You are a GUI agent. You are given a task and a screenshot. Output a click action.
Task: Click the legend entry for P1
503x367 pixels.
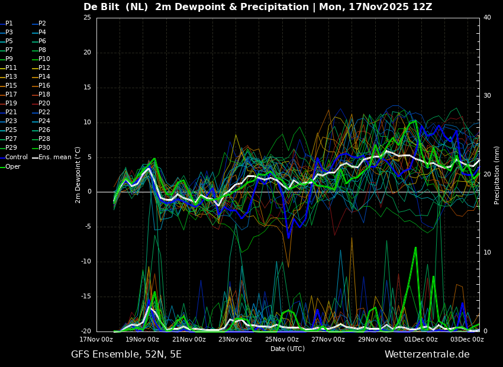coord(7,24)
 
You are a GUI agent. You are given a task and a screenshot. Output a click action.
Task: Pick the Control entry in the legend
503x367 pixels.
coord(14,157)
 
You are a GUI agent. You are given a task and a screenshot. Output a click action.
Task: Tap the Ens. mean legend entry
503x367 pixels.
coord(51,157)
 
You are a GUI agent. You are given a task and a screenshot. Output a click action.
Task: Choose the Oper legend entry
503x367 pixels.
coord(10,166)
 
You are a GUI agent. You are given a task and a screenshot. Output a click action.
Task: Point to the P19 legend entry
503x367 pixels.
coord(8,104)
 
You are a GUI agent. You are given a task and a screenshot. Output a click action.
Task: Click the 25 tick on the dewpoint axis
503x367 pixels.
coord(87,17)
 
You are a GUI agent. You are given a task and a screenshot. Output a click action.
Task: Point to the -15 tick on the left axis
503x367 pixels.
coord(86,297)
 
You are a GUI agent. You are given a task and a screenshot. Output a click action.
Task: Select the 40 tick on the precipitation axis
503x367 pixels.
coord(487,17)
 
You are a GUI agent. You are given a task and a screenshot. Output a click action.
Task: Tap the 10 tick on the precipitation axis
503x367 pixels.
coord(487,253)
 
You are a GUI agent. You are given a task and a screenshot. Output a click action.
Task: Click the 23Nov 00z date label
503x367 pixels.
coord(235,339)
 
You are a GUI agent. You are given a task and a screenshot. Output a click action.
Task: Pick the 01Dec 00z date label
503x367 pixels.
coord(421,339)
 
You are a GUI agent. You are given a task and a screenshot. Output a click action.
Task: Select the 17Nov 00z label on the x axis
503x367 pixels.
coord(96,339)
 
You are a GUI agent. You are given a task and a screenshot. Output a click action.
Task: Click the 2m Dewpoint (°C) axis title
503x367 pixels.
coord(78,175)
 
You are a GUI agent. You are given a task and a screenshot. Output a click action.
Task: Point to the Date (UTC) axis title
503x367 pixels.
coord(288,349)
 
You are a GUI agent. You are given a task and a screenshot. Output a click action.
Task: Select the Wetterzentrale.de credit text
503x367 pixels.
coord(427,355)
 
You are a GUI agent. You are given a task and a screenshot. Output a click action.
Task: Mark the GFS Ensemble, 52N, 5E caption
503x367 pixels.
coord(126,355)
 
